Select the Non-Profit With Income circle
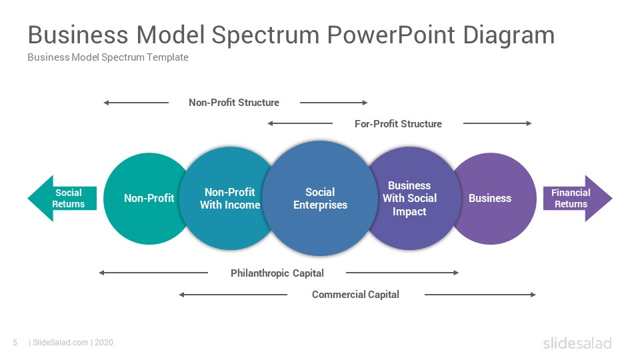point(229,199)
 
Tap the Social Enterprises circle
point(320,199)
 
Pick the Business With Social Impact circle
point(410,199)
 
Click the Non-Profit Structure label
point(234,103)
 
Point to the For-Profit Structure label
point(399,124)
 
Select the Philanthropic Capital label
point(277,273)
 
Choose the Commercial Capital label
point(355,294)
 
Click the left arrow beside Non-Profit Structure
point(136,103)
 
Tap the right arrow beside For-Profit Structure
point(497,123)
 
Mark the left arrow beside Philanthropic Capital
point(153,273)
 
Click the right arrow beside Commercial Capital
point(480,294)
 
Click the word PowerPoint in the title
point(391,35)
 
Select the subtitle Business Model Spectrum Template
point(108,57)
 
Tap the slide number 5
point(15,343)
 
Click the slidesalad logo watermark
point(577,343)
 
